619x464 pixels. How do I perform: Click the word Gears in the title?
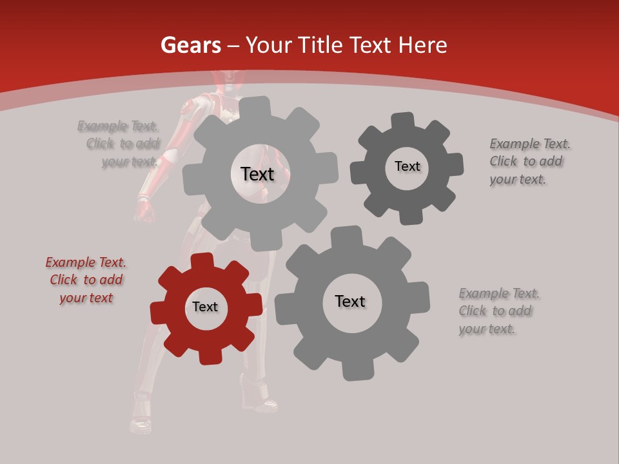click(x=190, y=45)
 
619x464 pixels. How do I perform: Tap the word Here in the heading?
click(x=422, y=45)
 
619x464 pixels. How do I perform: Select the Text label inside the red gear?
click(x=205, y=307)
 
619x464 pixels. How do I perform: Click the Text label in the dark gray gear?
click(x=407, y=167)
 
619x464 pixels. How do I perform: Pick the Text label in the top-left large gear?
click(x=257, y=174)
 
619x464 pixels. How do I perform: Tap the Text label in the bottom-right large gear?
click(x=350, y=302)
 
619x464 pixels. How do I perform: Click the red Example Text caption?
click(x=86, y=280)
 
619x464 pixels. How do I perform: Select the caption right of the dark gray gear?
click(x=529, y=162)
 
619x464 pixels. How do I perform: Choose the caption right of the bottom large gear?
click(x=498, y=311)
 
